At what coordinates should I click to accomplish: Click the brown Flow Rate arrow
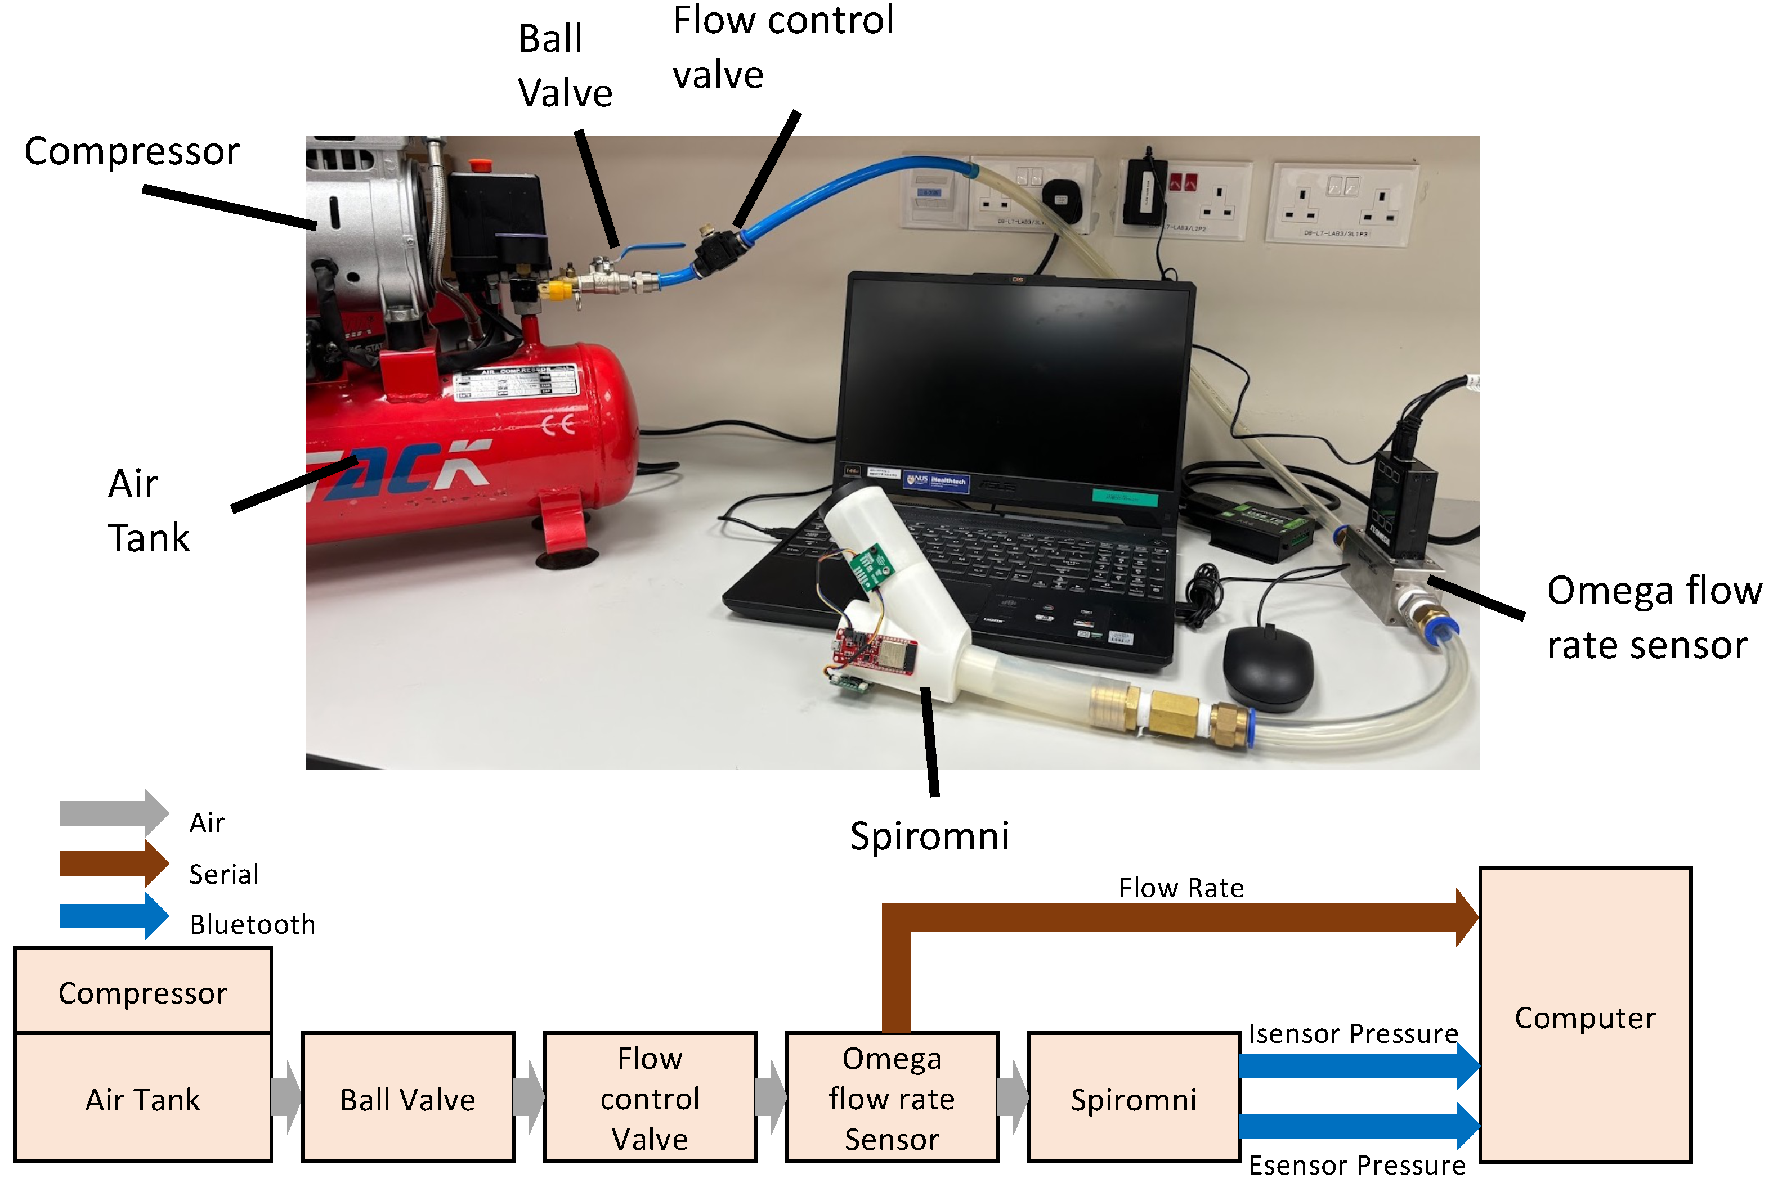pyautogui.click(x=1177, y=917)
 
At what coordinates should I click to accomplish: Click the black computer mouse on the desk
pyautogui.click(x=1268, y=668)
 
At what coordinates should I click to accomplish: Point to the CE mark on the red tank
pyautogui.click(x=558, y=425)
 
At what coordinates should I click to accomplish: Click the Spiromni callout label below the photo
pyautogui.click(x=929, y=836)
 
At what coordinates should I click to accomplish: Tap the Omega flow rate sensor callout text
pyautogui.click(x=1653, y=618)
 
